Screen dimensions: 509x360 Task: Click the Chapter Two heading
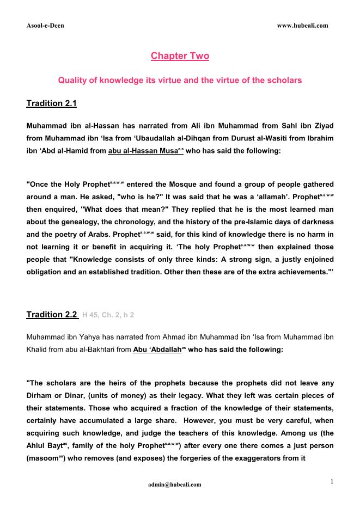tap(180, 56)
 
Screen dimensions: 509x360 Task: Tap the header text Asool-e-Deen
tap(45, 26)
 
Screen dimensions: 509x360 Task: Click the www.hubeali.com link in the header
tap(302, 26)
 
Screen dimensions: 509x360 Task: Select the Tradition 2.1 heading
tap(55, 103)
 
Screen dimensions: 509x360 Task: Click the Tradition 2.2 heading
tap(52, 315)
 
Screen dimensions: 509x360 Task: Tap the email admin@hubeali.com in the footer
tap(174, 484)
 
